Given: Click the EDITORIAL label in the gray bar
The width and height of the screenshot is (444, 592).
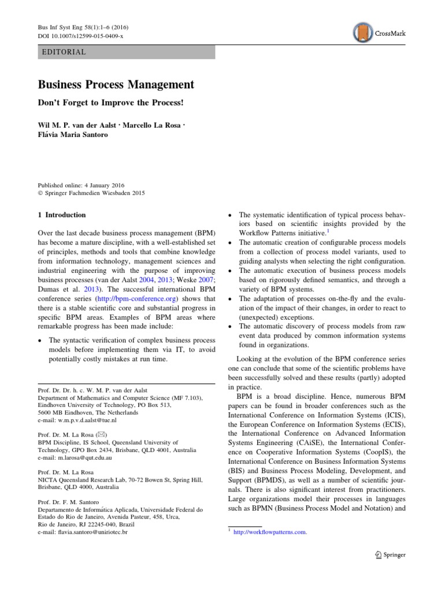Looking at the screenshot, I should [64, 52].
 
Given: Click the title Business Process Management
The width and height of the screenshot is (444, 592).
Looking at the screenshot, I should [116, 84].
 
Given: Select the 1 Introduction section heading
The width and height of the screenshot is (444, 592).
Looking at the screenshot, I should [62, 215].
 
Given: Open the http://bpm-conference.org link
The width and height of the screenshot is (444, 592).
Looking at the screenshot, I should [132, 299].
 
